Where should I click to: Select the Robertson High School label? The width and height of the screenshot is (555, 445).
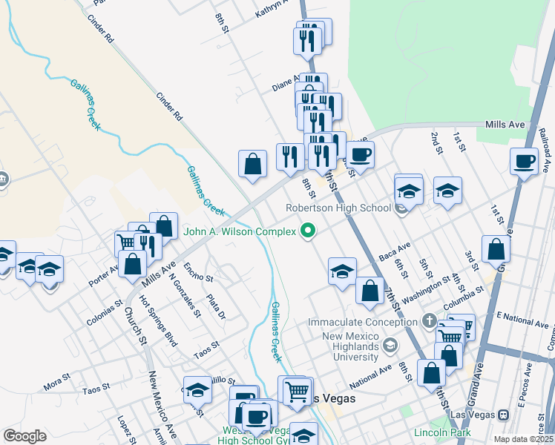(338, 208)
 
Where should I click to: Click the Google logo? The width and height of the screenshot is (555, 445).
(24, 436)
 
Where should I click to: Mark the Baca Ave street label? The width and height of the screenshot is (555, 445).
(394, 251)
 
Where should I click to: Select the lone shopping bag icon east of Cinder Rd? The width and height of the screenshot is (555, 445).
(252, 164)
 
